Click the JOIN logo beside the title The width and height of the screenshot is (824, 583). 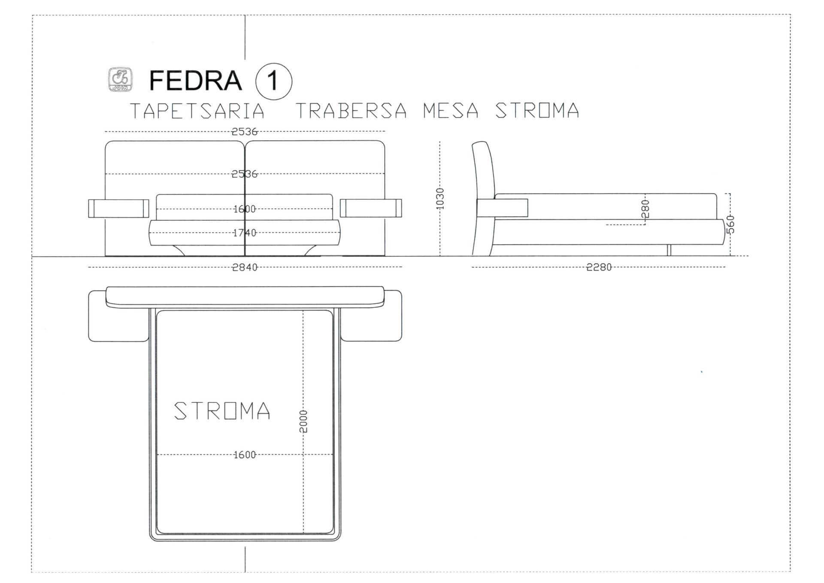tap(120, 79)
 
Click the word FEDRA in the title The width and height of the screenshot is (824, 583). tap(195, 80)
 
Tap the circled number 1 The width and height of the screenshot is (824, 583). tap(273, 81)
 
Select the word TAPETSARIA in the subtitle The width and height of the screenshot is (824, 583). tap(197, 111)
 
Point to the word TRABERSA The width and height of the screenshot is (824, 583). tap(351, 111)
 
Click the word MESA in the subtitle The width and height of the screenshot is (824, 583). tap(451, 111)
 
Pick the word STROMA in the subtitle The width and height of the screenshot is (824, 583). tap(537, 111)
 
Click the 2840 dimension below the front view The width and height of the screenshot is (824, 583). tap(245, 267)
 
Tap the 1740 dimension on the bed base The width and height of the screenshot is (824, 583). tap(245, 233)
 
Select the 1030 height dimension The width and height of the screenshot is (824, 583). tap(440, 199)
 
